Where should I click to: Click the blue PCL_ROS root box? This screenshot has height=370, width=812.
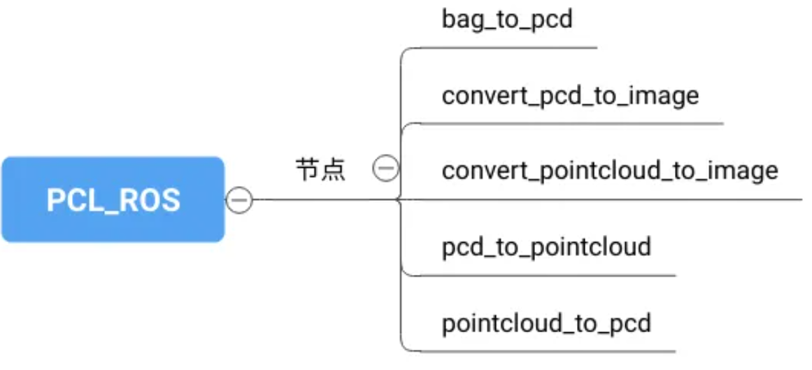pos(113,199)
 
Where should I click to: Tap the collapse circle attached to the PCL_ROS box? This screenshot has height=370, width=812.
pos(238,200)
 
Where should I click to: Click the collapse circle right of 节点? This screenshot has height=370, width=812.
pos(385,169)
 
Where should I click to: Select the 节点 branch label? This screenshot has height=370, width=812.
pos(320,170)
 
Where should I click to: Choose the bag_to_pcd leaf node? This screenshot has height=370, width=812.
pos(507,20)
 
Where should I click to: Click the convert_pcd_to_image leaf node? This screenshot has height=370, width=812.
pos(570,95)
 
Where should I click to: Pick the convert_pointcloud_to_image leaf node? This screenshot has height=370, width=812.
pos(610,170)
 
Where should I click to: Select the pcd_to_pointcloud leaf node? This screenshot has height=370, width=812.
pos(546,246)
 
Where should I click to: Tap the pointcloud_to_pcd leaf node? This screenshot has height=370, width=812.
pos(546,322)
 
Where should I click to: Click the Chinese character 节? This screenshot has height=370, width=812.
pos(308,170)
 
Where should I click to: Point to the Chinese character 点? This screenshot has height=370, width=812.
pos(333,170)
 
